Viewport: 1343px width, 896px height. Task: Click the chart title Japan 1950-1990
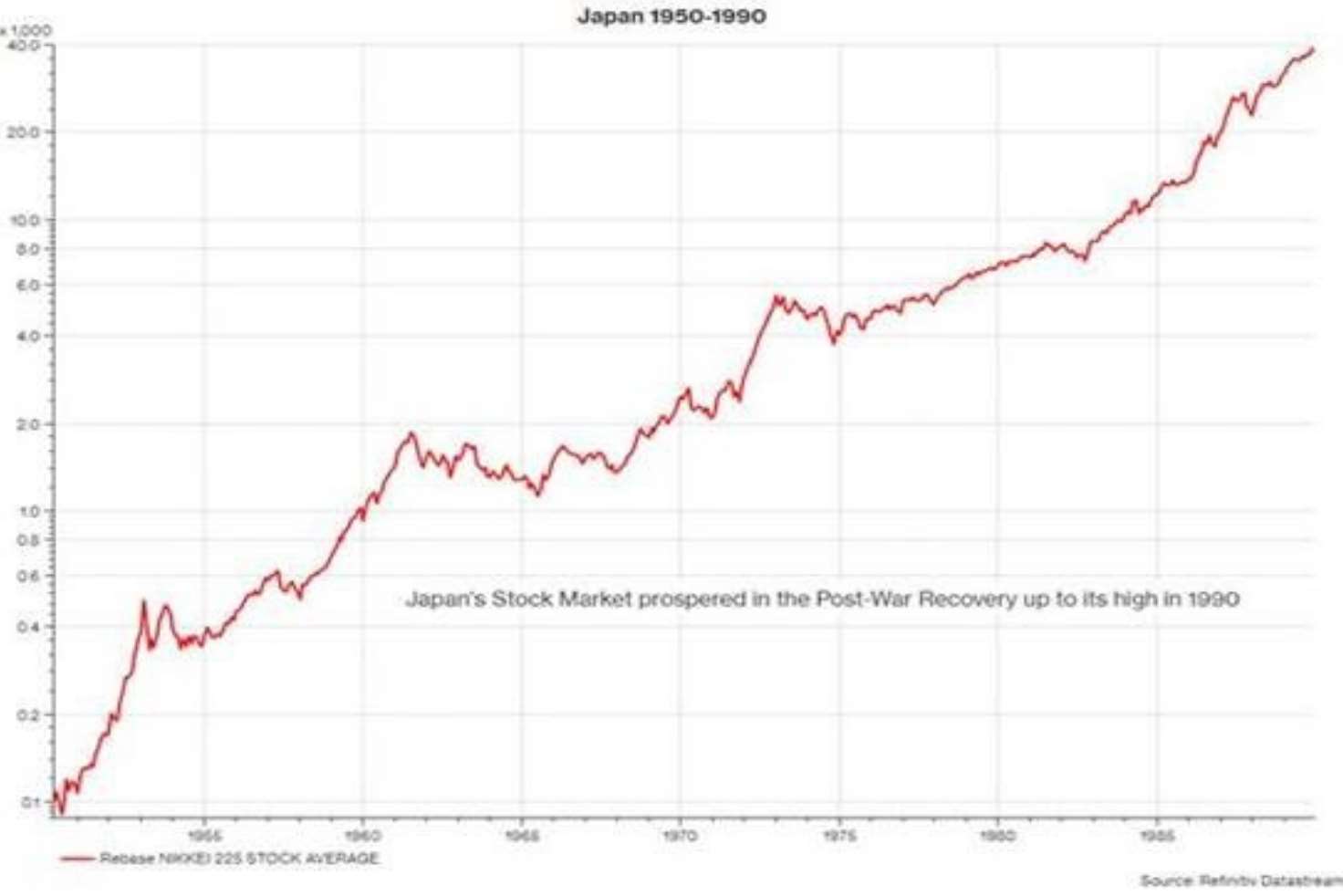point(671,16)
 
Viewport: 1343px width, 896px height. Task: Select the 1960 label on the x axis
point(363,835)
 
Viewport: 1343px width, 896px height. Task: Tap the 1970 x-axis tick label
point(680,835)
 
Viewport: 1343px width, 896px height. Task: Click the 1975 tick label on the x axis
point(839,835)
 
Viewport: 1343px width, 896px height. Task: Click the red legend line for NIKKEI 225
point(78,859)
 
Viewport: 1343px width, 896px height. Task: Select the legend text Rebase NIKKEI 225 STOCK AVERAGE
point(239,859)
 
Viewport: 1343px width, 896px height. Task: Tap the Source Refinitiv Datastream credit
point(1241,880)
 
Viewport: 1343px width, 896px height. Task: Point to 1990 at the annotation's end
point(1213,599)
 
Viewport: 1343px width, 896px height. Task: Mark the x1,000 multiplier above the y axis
point(27,30)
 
